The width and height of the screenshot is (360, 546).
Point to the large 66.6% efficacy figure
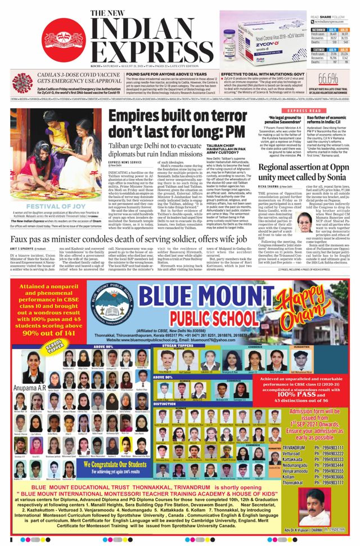coord(328,78)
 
